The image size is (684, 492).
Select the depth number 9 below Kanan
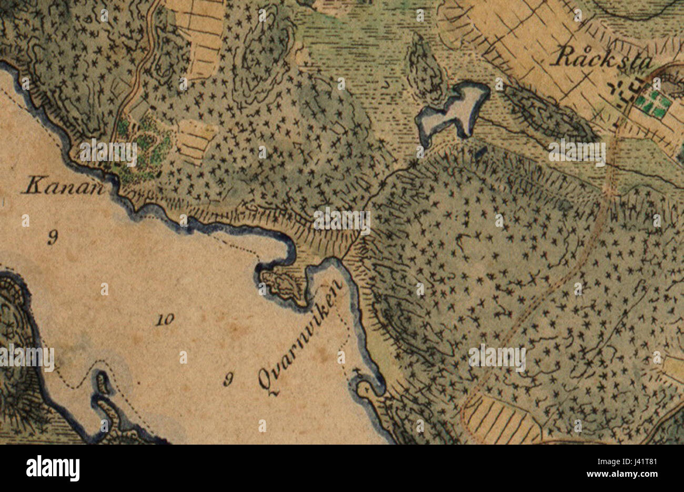52,238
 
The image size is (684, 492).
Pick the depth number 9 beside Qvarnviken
228,379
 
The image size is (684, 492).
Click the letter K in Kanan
33,186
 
